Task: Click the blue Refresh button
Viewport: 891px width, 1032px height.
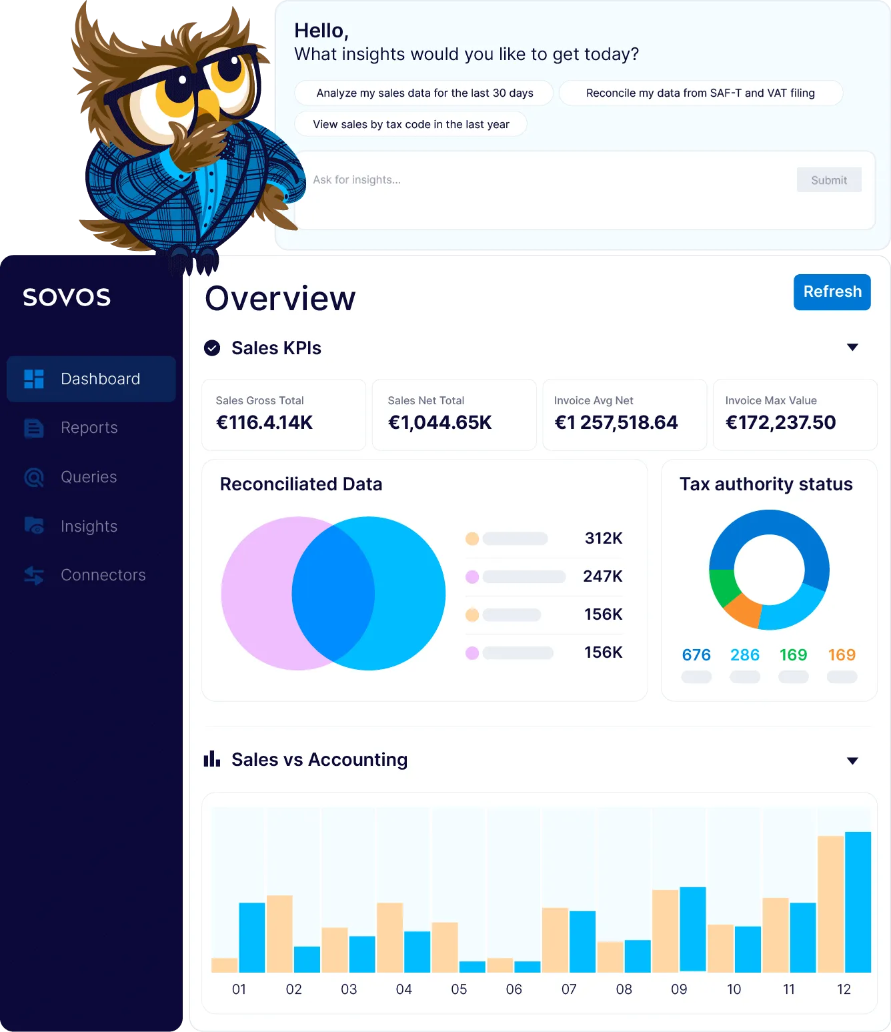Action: pos(832,292)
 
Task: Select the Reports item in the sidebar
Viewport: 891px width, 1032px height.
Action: pos(89,428)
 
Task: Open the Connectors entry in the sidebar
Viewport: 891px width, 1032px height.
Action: pos(103,575)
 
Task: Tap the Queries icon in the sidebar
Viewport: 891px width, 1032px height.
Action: pos(34,477)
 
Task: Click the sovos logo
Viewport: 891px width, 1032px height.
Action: pos(67,297)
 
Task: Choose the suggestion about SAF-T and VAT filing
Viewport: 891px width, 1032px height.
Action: pos(700,93)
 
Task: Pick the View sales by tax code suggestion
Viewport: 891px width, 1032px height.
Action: pos(411,125)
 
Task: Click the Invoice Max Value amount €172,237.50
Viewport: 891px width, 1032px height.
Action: pos(780,422)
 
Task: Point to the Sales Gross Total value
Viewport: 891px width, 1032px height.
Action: pos(264,422)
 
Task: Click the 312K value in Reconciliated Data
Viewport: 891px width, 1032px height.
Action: pos(603,538)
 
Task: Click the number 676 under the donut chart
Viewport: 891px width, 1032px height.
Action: pos(696,655)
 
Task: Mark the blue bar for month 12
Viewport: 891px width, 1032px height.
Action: pos(858,902)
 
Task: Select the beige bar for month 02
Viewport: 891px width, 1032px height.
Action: pos(279,933)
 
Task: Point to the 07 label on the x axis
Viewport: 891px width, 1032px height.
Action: pos(569,989)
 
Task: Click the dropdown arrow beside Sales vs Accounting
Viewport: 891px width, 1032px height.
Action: pos(852,761)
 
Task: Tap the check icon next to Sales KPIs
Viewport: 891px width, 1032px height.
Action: pos(212,348)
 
